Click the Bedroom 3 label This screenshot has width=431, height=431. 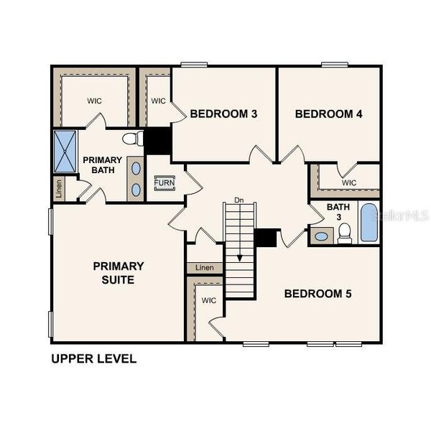tap(223, 113)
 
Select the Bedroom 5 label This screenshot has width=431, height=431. tap(318, 293)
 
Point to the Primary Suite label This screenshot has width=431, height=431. tap(119, 273)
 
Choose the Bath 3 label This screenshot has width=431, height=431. tap(337, 213)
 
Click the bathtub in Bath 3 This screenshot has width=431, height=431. tap(368, 222)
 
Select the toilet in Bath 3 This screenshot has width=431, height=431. tap(345, 232)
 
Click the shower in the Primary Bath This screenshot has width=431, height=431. tap(65, 152)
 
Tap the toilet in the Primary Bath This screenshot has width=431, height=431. tap(132, 139)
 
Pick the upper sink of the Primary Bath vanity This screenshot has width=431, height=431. tap(135, 168)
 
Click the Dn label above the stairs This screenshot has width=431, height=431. tap(239, 200)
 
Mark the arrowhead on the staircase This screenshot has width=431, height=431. tap(239, 259)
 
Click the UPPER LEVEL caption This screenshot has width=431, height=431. tap(93, 358)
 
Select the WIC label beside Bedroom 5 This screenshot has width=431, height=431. tap(209, 300)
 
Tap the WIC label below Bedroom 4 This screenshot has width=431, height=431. tap(349, 182)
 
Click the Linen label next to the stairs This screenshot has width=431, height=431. tap(205, 268)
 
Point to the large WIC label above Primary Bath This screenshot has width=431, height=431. tap(96, 101)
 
